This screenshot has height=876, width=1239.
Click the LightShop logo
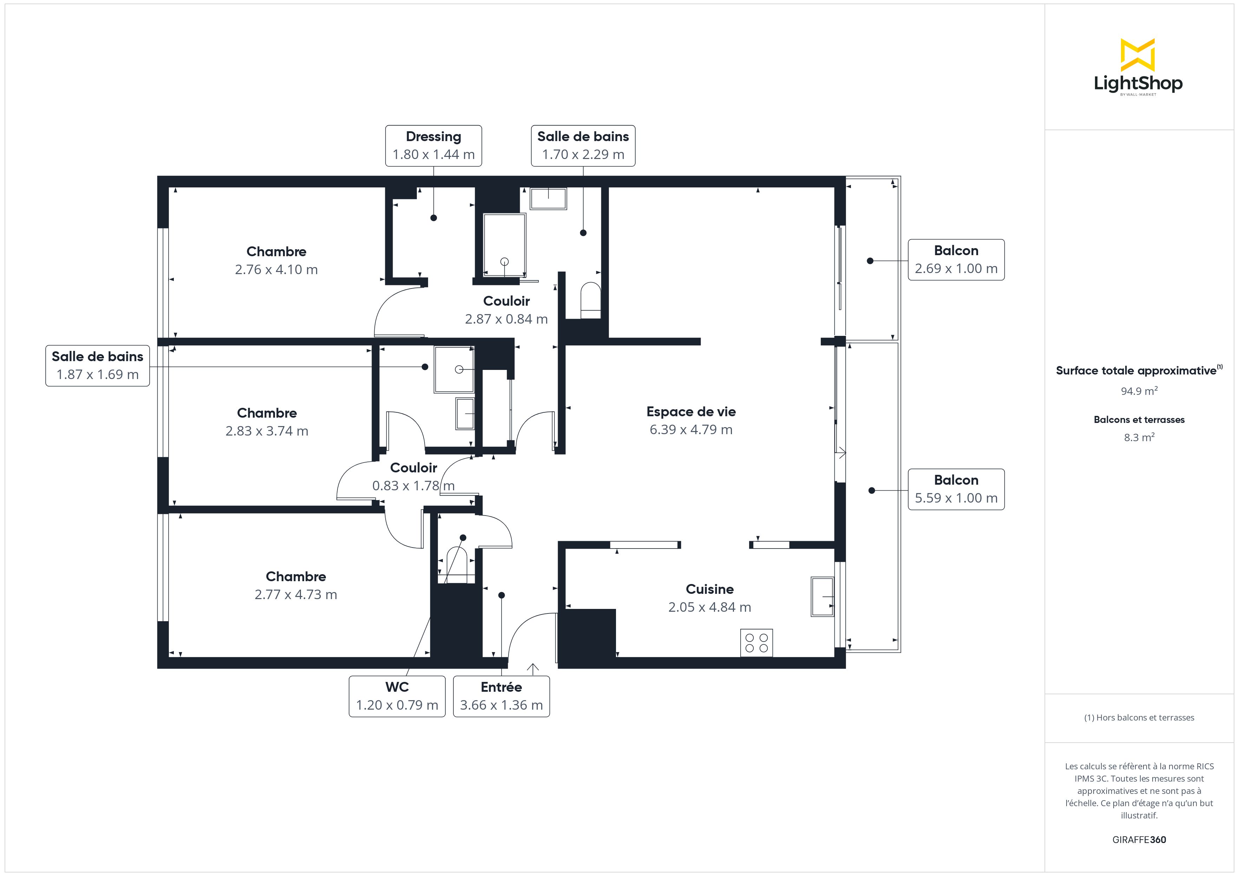[1138, 67]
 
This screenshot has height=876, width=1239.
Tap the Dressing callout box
[433, 146]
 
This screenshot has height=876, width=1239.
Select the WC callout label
[397, 696]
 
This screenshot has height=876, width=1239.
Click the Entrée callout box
[501, 696]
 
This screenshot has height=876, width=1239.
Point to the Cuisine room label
[710, 589]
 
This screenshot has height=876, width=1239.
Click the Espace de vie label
[691, 412]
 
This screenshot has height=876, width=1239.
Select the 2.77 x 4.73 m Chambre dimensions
[296, 595]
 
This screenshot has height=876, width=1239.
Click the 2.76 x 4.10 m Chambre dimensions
[276, 269]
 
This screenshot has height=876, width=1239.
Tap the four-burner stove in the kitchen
[756, 643]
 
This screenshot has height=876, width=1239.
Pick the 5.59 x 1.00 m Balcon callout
[956, 489]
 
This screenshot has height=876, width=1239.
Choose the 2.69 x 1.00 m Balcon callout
[956, 259]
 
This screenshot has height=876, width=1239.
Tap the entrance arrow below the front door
[533, 669]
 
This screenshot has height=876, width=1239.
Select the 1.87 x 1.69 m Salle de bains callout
[98, 366]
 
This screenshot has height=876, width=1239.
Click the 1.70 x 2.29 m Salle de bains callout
[583, 146]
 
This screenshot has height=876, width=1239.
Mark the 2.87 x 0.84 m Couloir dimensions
[506, 319]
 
